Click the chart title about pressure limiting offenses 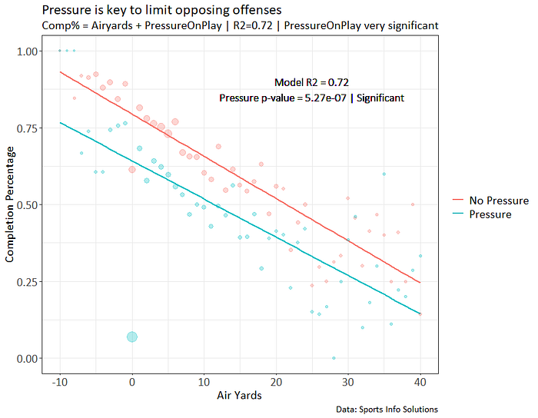click(x=161, y=10)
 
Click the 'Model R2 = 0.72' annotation click(x=311, y=82)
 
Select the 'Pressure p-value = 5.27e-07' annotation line click(x=283, y=98)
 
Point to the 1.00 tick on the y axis click(x=27, y=51)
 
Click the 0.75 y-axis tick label click(x=27, y=128)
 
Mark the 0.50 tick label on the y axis click(x=27, y=205)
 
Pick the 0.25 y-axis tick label click(x=27, y=282)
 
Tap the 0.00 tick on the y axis click(x=27, y=359)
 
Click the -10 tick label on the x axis click(x=60, y=382)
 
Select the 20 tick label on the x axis click(x=276, y=382)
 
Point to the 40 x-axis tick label click(x=420, y=382)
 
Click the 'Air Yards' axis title click(x=239, y=396)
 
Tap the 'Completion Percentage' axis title click(x=9, y=204)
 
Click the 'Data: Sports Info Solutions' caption click(x=387, y=410)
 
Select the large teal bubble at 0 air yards click(x=132, y=337)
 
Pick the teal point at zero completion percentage click(x=334, y=358)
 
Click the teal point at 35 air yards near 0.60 click(x=384, y=174)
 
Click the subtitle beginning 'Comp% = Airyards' click(x=240, y=25)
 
